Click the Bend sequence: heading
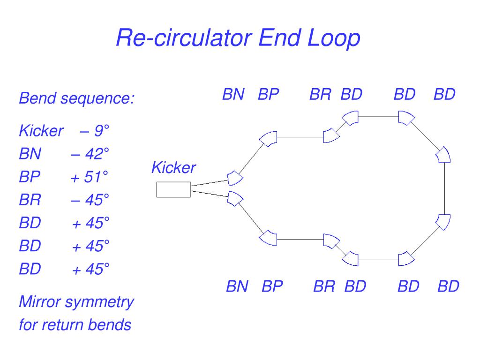point(76,98)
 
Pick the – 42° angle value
point(90,154)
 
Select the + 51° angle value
point(90,177)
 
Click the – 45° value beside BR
point(90,200)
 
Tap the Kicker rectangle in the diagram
point(173,189)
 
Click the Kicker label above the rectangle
point(173,167)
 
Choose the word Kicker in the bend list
point(41,131)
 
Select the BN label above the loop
point(233,94)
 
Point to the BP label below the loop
point(272,286)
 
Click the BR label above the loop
point(320,94)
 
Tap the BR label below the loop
point(324,286)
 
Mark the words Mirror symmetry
point(76,302)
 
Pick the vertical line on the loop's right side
point(444,188)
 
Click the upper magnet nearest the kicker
point(235,178)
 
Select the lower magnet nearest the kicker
point(235,199)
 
